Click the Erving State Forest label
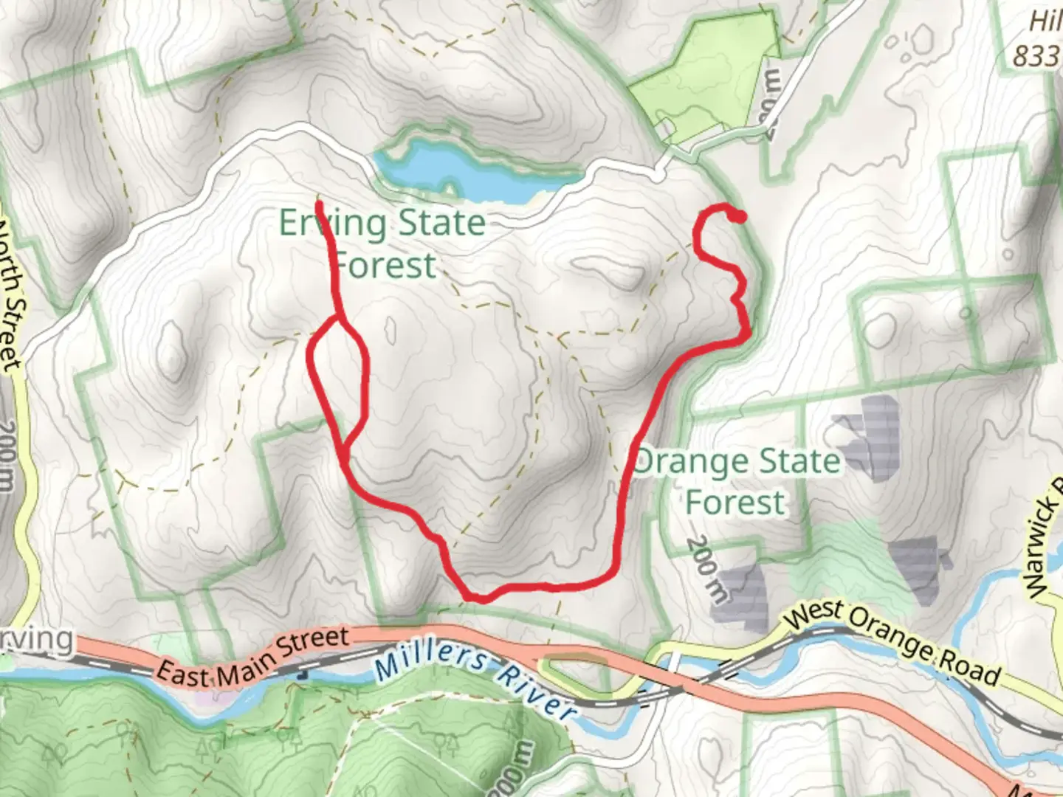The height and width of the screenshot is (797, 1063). (x=382, y=243)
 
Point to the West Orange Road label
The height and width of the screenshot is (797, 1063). (x=893, y=643)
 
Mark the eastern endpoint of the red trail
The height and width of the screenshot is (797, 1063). (x=737, y=216)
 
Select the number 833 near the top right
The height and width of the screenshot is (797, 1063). (x=1036, y=56)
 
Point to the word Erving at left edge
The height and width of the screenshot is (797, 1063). (x=37, y=639)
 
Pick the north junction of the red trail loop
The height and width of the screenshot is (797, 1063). (x=340, y=319)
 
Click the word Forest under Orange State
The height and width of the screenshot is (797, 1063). (x=735, y=502)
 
